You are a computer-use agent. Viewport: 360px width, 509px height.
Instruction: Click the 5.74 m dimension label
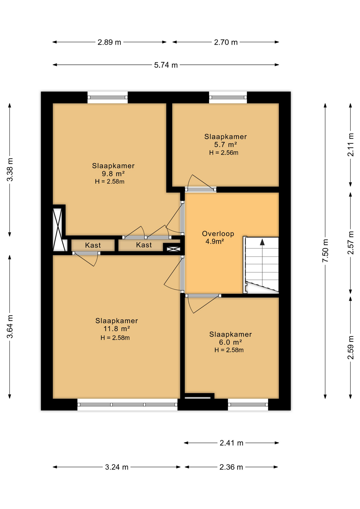pyautogui.click(x=166, y=65)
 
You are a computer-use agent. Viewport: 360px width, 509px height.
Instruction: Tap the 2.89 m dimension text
pyautogui.click(x=109, y=42)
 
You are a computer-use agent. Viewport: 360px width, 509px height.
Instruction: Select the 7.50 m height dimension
pyautogui.click(x=325, y=251)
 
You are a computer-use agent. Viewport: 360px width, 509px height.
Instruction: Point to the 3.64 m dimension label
pyautogui.click(x=10, y=327)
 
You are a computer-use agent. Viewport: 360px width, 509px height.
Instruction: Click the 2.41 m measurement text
pyautogui.click(x=231, y=443)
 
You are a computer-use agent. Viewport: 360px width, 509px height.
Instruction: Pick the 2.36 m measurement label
pyautogui.click(x=231, y=467)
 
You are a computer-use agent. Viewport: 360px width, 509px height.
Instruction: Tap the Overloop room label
pyautogui.click(x=218, y=234)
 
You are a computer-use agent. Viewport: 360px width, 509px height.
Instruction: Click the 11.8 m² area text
pyautogui.click(x=117, y=329)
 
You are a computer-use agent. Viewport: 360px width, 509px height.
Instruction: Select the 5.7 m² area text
pyautogui.click(x=225, y=145)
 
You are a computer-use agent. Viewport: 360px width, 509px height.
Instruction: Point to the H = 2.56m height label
pyautogui.click(x=224, y=153)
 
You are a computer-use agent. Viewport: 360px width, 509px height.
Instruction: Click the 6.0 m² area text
pyautogui.click(x=230, y=342)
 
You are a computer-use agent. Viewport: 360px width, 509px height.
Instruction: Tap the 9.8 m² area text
pyautogui.click(x=113, y=174)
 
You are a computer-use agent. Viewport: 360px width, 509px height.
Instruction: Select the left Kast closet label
pyautogui.click(x=93, y=245)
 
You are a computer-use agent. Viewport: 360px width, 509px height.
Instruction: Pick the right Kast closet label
pyautogui.click(x=144, y=245)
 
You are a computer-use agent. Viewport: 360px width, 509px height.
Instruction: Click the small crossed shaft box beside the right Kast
pyautogui.click(x=173, y=249)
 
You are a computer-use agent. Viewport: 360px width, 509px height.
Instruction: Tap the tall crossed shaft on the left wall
pyautogui.click(x=57, y=230)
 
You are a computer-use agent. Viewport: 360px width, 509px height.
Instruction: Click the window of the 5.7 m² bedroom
pyautogui.click(x=228, y=98)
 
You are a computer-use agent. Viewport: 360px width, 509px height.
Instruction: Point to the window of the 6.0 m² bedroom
pyautogui.click(x=248, y=405)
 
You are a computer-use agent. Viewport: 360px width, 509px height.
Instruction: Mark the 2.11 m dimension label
pyautogui.click(x=351, y=145)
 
